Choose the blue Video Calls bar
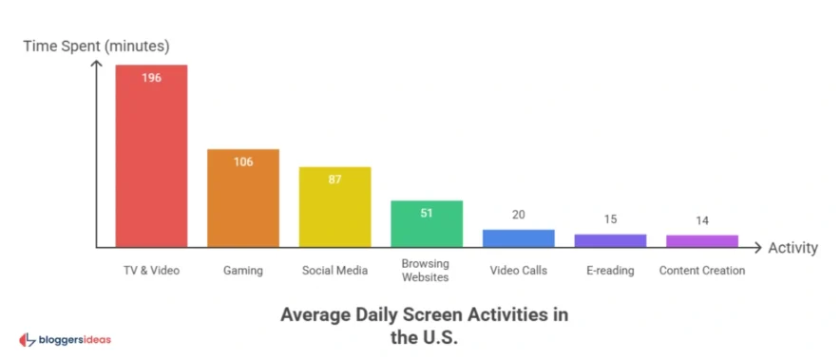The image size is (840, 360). click(518, 238)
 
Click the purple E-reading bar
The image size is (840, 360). click(610, 240)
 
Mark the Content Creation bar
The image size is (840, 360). click(702, 241)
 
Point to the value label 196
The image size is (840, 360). click(151, 78)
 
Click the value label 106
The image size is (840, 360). click(243, 161)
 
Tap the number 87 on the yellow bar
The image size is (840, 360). click(334, 180)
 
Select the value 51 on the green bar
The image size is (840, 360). click(427, 213)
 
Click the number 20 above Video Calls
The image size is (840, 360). click(518, 215)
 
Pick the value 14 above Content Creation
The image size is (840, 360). click(702, 220)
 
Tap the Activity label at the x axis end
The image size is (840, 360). click(792, 249)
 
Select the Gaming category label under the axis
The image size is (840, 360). click(243, 271)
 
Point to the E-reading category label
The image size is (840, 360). click(610, 271)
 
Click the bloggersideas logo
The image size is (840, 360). click(67, 339)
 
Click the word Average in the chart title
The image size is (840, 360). click(316, 314)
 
